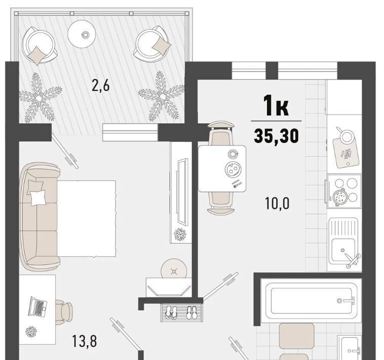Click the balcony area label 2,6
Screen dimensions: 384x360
100,86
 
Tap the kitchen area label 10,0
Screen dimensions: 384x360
277,203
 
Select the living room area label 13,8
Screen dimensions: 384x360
85,341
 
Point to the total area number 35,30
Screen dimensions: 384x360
276,136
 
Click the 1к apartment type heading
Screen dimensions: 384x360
276,105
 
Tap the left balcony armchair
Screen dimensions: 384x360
39,45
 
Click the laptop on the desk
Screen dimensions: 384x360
37,306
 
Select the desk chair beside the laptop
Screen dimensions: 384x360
64,312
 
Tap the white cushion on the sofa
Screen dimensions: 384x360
38,198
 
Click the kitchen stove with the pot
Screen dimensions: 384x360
344,191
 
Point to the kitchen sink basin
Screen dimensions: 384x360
343,250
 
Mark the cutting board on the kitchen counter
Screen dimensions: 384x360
346,153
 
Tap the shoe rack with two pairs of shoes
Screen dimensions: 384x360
181,312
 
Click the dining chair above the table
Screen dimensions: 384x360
220,133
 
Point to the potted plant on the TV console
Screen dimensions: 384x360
180,234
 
